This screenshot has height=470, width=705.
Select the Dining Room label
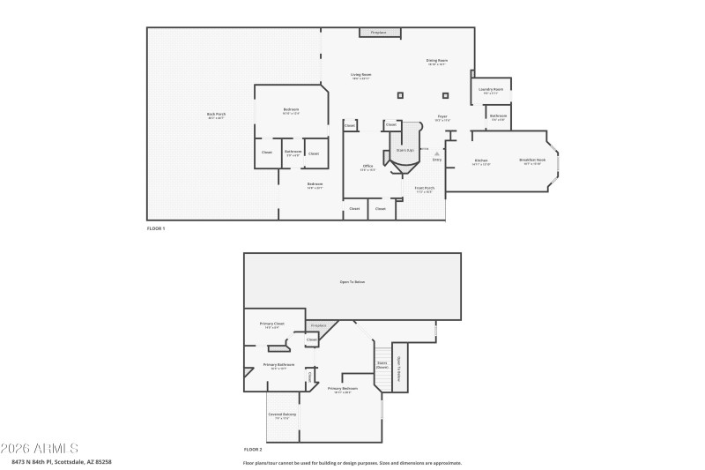tap(437, 62)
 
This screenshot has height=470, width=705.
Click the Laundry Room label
tap(491, 90)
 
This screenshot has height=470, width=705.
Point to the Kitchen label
tap(481, 161)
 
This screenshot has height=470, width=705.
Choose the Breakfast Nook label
tap(535, 161)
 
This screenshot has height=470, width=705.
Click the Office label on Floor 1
tap(369, 167)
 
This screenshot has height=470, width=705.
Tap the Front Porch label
tap(425, 188)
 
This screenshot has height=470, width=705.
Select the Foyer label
tap(442, 117)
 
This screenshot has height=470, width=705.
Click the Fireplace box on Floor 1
tap(380, 33)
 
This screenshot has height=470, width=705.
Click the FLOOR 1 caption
tap(155, 228)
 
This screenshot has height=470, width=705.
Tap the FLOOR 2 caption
tap(253, 449)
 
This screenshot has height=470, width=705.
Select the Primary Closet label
tap(271, 325)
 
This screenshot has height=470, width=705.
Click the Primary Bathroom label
tap(278, 365)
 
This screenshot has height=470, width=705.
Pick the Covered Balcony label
tap(282, 415)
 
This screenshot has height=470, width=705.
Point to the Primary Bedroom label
tap(343, 389)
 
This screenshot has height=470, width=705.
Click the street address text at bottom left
tap(62, 461)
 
